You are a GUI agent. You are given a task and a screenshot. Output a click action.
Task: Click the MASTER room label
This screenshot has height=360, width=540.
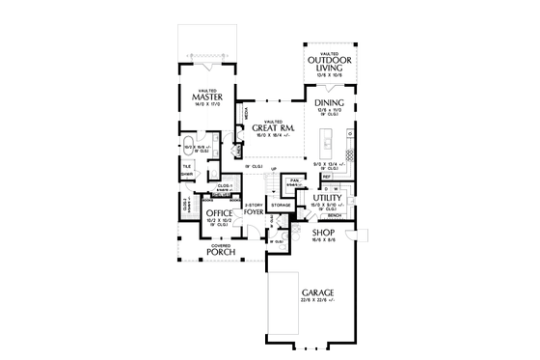pyautogui.click(x=207, y=97)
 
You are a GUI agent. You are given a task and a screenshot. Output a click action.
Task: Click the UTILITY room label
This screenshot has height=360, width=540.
pyautogui.click(x=328, y=197)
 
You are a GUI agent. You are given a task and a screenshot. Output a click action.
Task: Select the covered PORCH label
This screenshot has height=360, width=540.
pyautogui.click(x=222, y=253)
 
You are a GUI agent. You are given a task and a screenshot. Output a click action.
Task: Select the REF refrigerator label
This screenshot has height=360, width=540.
pyautogui.click(x=327, y=177)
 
